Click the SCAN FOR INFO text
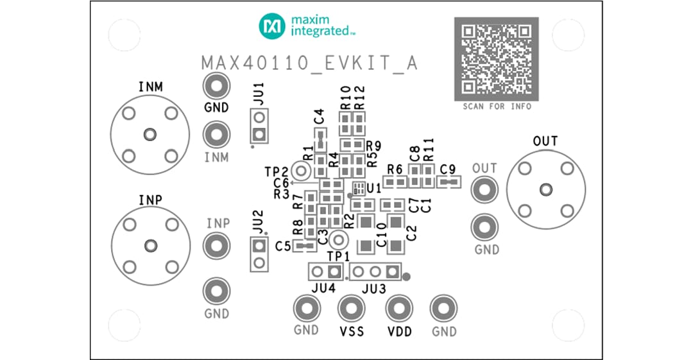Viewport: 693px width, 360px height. point(497,107)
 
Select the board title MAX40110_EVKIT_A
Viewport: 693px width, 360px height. point(309,64)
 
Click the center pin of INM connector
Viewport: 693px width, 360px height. point(150,134)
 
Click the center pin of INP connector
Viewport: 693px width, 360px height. point(150,245)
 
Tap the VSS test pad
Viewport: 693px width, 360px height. point(351,309)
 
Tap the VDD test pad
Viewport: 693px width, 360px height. point(398,309)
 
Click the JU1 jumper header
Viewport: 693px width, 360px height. point(259,126)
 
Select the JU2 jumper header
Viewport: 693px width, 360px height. point(259,254)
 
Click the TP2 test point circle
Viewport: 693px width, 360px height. point(300,171)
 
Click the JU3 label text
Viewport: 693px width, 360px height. point(373,289)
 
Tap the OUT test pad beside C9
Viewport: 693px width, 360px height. point(484,189)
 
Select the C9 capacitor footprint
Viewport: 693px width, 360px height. point(449,183)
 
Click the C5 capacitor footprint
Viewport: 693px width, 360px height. point(304,246)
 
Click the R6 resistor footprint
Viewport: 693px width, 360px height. point(395,183)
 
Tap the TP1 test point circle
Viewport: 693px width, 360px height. point(339,241)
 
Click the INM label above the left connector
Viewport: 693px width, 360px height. point(150,87)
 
